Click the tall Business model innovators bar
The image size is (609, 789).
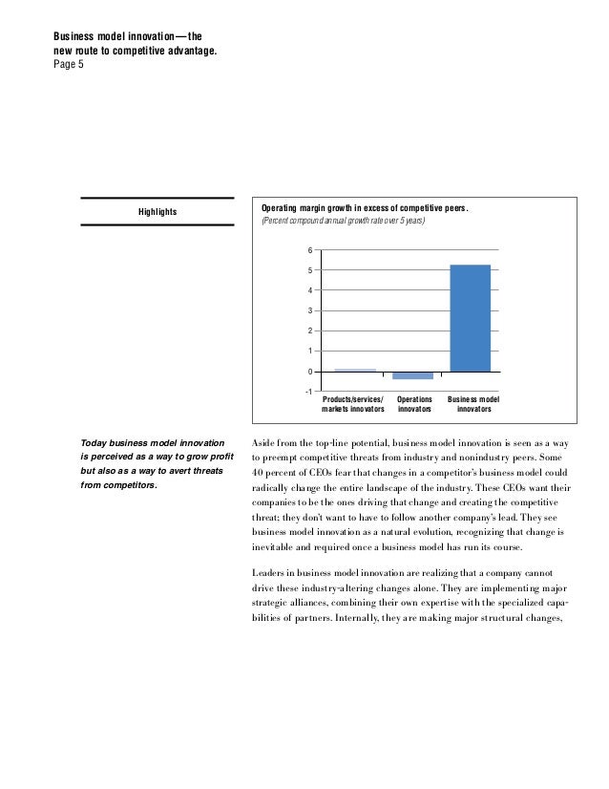[x=470, y=318]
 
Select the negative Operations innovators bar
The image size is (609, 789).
[x=412, y=375]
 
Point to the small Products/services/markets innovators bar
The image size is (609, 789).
[x=354, y=370]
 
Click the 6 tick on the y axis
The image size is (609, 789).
[x=309, y=250]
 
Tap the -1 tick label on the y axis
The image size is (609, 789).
[x=308, y=391]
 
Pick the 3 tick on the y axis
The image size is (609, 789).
[x=309, y=310]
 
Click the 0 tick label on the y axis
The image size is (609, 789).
[x=309, y=371]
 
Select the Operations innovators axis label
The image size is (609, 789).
[x=414, y=404]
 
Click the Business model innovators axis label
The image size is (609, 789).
[x=473, y=404]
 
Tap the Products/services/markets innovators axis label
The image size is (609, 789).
[x=354, y=404]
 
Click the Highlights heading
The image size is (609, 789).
[x=157, y=212]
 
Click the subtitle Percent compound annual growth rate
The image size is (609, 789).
[x=343, y=222]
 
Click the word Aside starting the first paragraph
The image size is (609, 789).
[x=261, y=443]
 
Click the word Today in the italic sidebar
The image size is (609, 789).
[x=93, y=443]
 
